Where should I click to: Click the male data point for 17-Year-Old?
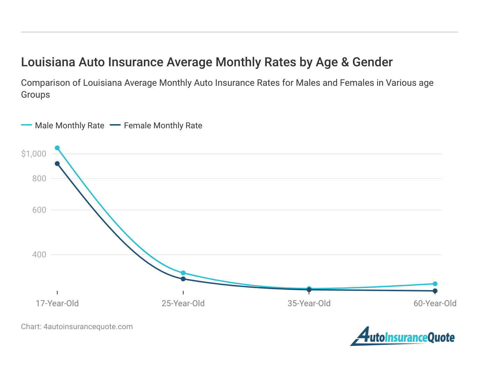pyautogui.click(x=57, y=148)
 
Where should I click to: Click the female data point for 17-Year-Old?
pyautogui.click(x=57, y=164)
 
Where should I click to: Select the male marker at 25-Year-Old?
pyautogui.click(x=183, y=273)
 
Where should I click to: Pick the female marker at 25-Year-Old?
pyautogui.click(x=183, y=279)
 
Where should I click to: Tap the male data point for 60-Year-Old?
pyautogui.click(x=435, y=284)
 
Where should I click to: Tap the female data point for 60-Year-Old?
pyautogui.click(x=435, y=291)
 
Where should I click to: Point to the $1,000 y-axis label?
pyautogui.click(x=34, y=154)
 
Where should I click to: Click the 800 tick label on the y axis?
pyautogui.click(x=39, y=179)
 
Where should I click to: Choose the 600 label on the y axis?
pyautogui.click(x=39, y=210)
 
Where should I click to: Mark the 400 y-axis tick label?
pyautogui.click(x=39, y=255)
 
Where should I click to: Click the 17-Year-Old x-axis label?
pyautogui.click(x=57, y=303)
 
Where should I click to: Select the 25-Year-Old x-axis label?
pyautogui.click(x=183, y=303)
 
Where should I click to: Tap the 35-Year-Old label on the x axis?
pyautogui.click(x=309, y=303)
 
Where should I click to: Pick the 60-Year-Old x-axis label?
pyautogui.click(x=435, y=303)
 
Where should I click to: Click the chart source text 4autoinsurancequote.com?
pyautogui.click(x=88, y=327)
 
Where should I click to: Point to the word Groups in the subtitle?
pyautogui.click(x=35, y=95)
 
